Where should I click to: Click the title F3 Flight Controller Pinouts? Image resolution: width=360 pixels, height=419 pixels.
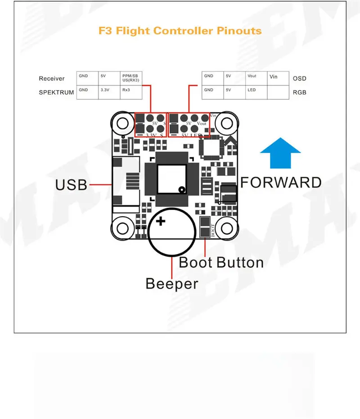[x=180, y=31]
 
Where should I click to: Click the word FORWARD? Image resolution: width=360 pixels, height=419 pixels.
[x=281, y=182]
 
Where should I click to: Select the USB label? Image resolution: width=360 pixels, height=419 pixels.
[x=71, y=184]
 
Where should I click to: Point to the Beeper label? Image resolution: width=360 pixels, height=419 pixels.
[x=172, y=284]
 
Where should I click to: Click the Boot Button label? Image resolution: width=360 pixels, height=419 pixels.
[x=221, y=262]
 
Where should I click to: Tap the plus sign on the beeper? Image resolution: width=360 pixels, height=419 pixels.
[x=161, y=221]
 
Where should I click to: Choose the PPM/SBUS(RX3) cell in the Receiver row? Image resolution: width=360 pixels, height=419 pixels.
[x=131, y=78]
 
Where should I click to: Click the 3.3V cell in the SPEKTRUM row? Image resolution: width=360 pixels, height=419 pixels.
[x=109, y=92]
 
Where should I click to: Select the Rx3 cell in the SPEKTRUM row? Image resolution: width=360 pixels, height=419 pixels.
[x=131, y=92]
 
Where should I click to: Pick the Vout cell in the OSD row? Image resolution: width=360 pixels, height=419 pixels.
[x=256, y=78]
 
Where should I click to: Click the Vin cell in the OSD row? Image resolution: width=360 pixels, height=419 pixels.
[x=278, y=78]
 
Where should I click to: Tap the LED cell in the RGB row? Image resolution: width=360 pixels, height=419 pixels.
[x=256, y=92]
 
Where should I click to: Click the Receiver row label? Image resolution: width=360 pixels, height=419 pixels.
[x=52, y=79]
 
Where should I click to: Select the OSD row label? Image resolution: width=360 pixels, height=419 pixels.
[x=299, y=79]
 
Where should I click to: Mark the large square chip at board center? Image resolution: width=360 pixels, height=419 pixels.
[x=171, y=178]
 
